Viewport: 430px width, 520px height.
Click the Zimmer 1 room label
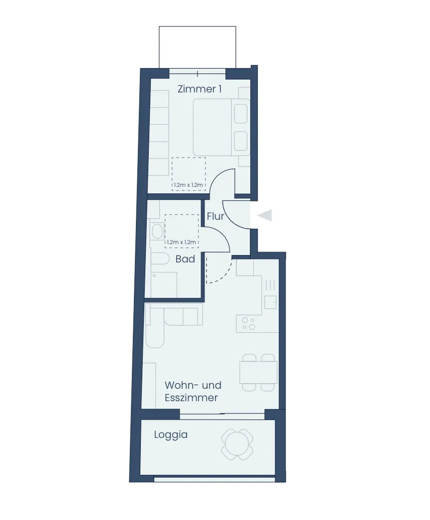pyautogui.click(x=199, y=89)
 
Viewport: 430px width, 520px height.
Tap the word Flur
pyautogui.click(x=215, y=216)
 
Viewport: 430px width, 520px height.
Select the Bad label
pyautogui.click(x=185, y=259)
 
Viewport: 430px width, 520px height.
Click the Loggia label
pyautogui.click(x=171, y=435)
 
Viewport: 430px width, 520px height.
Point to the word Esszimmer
pyautogui.click(x=191, y=398)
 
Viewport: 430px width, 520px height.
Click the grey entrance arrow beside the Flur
pyautogui.click(x=265, y=215)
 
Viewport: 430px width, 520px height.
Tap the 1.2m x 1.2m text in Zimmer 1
pyautogui.click(x=188, y=185)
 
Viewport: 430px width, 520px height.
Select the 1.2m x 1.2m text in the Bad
pyautogui.click(x=181, y=242)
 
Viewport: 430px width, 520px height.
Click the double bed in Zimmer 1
pyautogui.click(x=221, y=127)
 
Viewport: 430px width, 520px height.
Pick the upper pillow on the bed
pyautogui.click(x=240, y=114)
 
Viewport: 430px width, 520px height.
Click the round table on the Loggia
pyautogui.click(x=237, y=444)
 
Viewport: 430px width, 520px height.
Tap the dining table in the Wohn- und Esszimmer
pyautogui.click(x=258, y=372)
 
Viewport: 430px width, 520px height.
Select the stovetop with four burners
pyautogui.click(x=249, y=324)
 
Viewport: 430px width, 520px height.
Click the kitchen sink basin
pyautogui.click(x=271, y=302)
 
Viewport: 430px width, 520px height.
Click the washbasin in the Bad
pyautogui.click(x=157, y=232)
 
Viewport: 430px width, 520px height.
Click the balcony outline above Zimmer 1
pyautogui.click(x=198, y=26)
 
